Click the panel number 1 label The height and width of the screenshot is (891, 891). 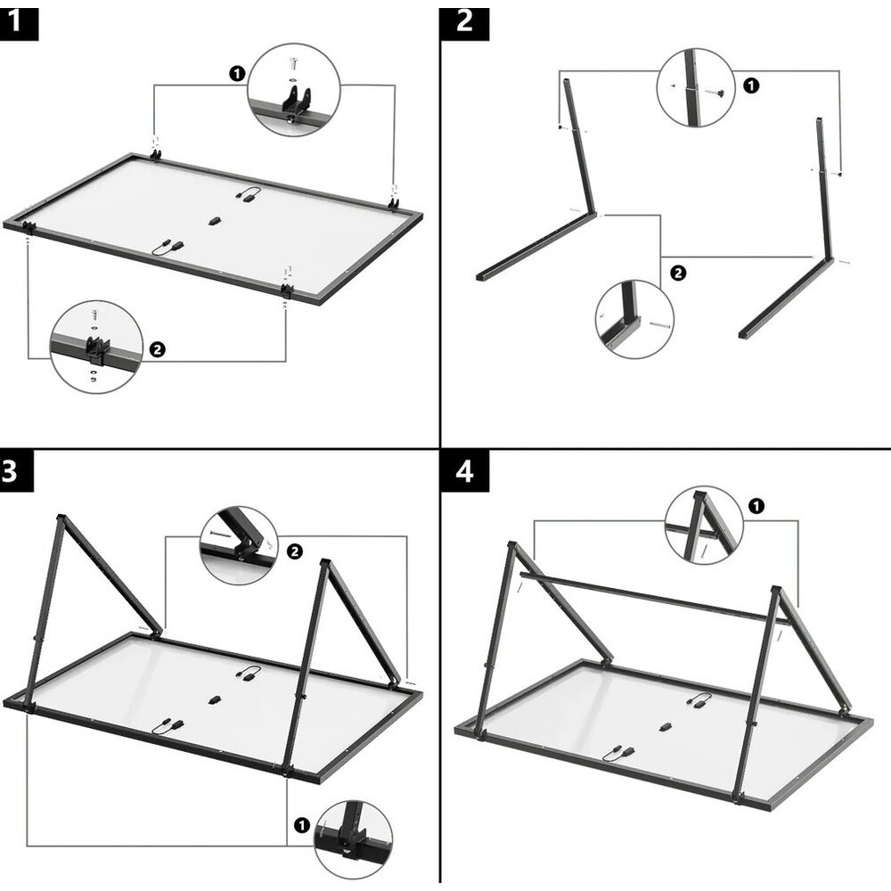point(19,20)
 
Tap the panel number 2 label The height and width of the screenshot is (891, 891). point(464,20)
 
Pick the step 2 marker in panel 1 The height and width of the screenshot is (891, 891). point(158,349)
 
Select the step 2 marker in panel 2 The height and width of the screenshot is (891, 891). point(677,274)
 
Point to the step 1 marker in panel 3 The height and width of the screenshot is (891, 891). point(300,826)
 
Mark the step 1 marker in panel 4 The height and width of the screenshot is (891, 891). point(756,506)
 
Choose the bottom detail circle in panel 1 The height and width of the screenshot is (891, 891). point(97,347)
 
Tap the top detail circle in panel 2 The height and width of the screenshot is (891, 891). point(696,87)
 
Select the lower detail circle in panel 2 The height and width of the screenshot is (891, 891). point(634,319)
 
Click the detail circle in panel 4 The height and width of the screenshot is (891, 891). point(704,525)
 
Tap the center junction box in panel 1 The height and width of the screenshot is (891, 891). point(214,221)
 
